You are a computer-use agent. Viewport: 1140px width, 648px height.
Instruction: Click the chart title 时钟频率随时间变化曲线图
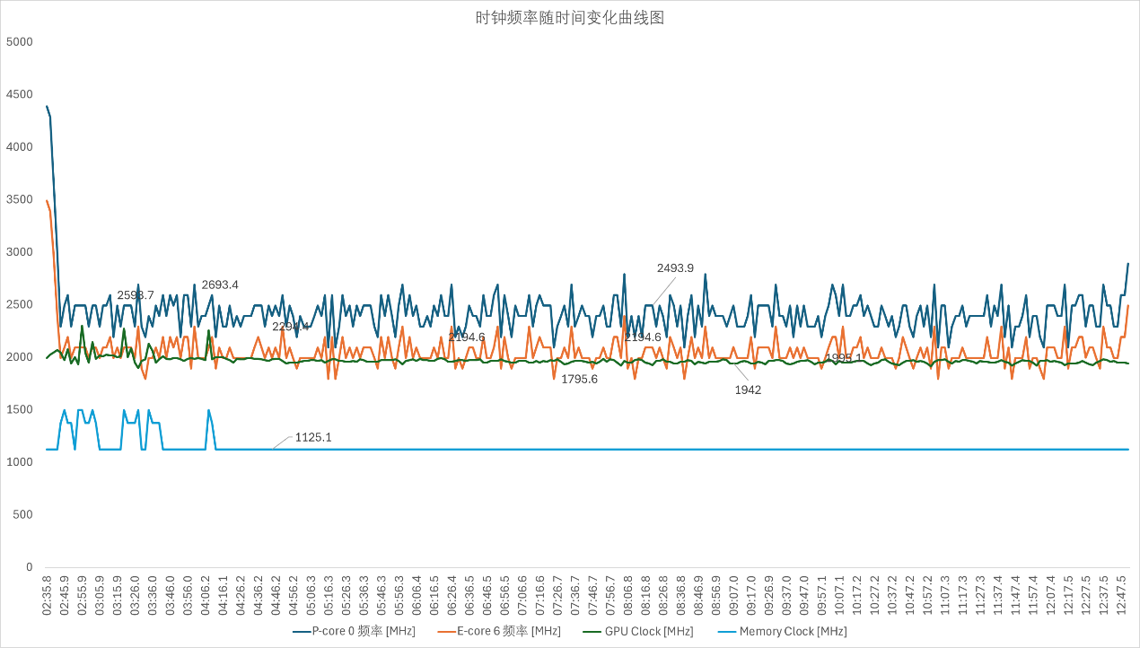[x=569, y=18]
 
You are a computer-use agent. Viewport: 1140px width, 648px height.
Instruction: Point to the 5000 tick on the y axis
[x=19, y=42]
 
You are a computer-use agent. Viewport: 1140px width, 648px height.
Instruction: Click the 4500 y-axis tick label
[x=19, y=94]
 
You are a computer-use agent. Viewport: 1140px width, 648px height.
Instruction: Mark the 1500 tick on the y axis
[x=19, y=410]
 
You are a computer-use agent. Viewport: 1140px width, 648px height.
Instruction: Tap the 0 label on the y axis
[x=29, y=567]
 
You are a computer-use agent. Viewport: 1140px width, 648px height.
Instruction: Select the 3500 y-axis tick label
[x=19, y=199]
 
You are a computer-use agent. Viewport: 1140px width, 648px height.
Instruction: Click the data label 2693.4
[x=220, y=285]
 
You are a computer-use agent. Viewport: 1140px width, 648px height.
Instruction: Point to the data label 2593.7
[x=136, y=295]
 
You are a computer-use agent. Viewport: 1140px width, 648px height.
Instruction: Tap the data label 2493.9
[x=675, y=267]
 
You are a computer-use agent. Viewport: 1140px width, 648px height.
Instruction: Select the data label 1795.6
[x=579, y=379]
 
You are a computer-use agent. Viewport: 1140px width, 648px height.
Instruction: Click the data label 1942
[x=748, y=390]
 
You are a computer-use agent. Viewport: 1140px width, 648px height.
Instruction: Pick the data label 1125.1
[x=313, y=437]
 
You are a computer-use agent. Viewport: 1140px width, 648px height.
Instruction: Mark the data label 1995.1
[x=843, y=357]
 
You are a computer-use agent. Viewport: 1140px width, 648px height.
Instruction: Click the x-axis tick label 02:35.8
[x=47, y=595]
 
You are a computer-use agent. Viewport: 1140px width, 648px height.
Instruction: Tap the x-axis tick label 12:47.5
[x=1122, y=595]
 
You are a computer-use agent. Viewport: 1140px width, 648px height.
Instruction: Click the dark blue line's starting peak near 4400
[x=47, y=106]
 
